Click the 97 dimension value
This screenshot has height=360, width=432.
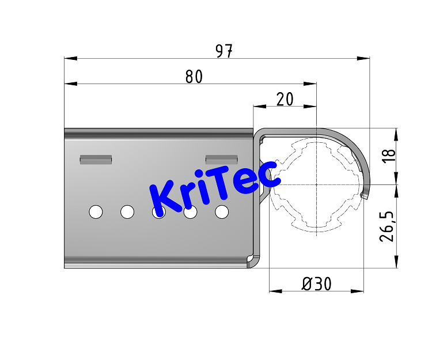pyautogui.click(x=225, y=51)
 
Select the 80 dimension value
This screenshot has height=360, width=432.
pyautogui.click(x=194, y=77)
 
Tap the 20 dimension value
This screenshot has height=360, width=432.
pyautogui.click(x=285, y=99)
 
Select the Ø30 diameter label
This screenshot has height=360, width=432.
pyautogui.click(x=316, y=284)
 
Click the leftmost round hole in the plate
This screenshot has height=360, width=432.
pyautogui.click(x=96, y=212)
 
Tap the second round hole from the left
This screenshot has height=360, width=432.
pyautogui.click(x=127, y=212)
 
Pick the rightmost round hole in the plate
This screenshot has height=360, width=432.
pyautogui.click(x=222, y=212)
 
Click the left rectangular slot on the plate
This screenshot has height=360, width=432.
pyautogui.click(x=96, y=159)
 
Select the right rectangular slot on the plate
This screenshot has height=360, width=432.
pyautogui.click(x=222, y=159)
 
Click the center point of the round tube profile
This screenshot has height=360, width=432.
pyautogui.click(x=316, y=184)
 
